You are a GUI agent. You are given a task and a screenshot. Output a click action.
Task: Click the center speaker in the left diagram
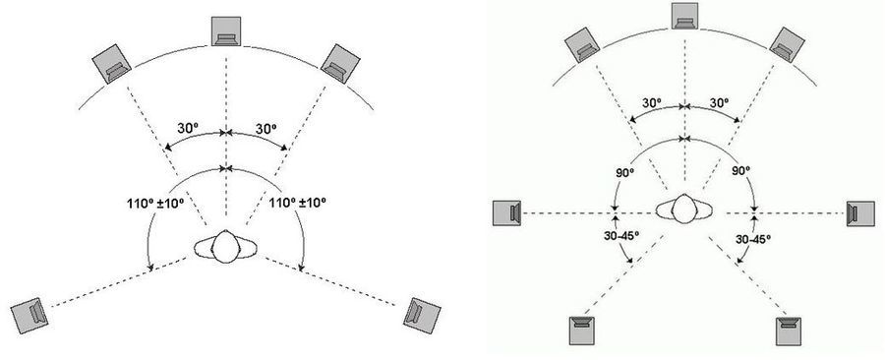pos(226,31)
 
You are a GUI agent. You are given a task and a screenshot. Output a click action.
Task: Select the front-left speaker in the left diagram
pos(112,64)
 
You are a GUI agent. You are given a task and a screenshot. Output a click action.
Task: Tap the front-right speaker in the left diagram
pos(340,64)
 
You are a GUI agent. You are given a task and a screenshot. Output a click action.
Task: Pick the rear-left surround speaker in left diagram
pos(29,312)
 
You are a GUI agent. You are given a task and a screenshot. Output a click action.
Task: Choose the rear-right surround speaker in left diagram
pos(422,312)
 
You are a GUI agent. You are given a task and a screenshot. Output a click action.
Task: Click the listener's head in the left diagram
pos(226,247)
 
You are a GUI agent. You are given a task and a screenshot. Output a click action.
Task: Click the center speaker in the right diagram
pos(684,15)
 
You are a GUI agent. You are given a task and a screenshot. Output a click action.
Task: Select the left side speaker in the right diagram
pos(506,213)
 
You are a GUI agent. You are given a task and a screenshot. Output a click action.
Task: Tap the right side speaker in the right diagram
pos(860,213)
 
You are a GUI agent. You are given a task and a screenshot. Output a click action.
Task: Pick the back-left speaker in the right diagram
pos(581,331)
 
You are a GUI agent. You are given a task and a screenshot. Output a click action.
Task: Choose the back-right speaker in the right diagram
pos(789,331)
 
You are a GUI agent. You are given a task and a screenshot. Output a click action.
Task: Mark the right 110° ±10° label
pos(298,202)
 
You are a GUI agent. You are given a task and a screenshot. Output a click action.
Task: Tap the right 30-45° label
pos(753,239)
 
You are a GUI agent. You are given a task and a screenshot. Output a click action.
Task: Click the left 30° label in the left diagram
pos(188,129)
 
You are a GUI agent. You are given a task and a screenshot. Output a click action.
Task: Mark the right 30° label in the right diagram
pos(719,102)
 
